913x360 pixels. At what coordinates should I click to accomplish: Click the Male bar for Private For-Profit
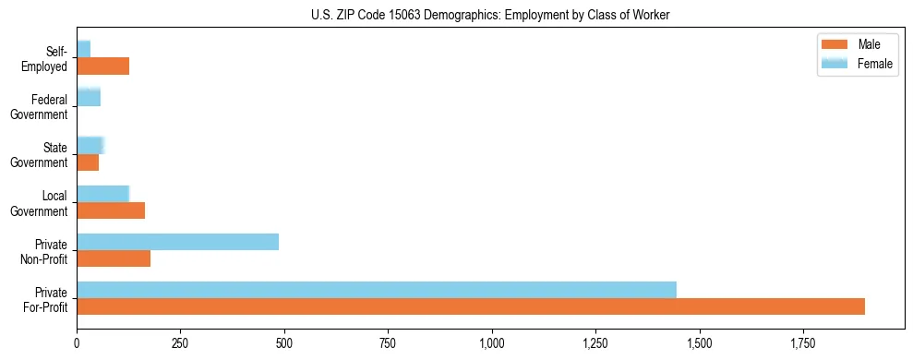[471, 306]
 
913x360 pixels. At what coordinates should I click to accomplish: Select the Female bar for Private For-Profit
[377, 290]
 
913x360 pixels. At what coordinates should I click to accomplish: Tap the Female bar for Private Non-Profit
[177, 242]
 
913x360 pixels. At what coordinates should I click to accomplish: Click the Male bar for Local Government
[111, 210]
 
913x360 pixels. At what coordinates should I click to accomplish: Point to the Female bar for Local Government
[102, 194]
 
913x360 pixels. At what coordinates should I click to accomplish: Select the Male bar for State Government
[88, 162]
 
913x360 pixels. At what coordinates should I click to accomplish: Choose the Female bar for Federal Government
[89, 98]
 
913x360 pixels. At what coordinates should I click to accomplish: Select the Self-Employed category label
[44, 58]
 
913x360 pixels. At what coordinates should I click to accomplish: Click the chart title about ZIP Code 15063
[490, 14]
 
